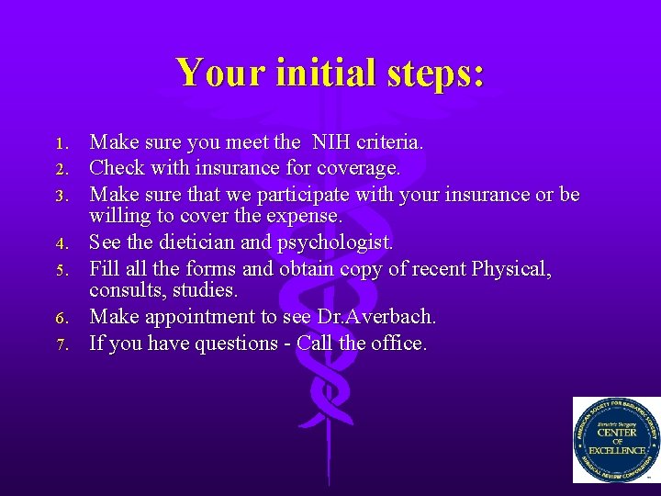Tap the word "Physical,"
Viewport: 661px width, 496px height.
[511, 269]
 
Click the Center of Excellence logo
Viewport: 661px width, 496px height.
[615, 439]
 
